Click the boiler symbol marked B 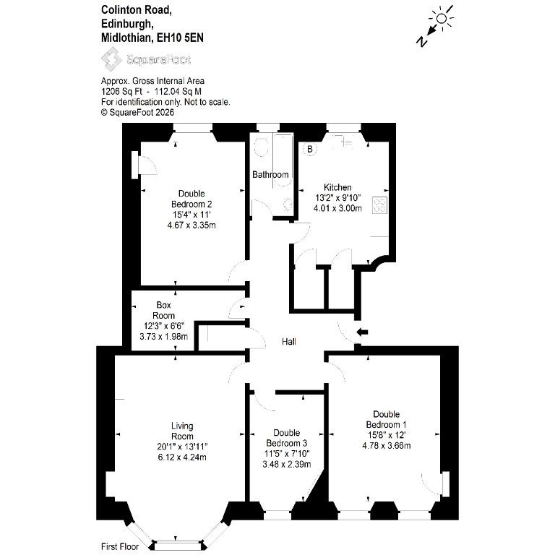click(x=310, y=149)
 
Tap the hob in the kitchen click(x=380, y=205)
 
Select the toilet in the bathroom click(x=261, y=146)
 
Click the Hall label click(x=289, y=342)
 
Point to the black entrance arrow click(x=362, y=332)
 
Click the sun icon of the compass click(x=442, y=18)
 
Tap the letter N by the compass click(x=421, y=42)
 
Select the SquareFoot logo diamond click(x=112, y=59)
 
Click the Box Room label click(x=163, y=310)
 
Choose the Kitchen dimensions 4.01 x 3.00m click(x=337, y=208)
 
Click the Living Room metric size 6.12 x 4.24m click(x=182, y=457)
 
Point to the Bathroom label click(x=270, y=174)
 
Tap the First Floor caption click(x=120, y=546)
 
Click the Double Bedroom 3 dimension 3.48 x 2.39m click(x=287, y=464)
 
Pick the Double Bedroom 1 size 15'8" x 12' click(x=386, y=434)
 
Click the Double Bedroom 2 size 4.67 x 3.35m click(x=192, y=225)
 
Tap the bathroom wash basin click(x=288, y=205)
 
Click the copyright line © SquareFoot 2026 click(x=138, y=113)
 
